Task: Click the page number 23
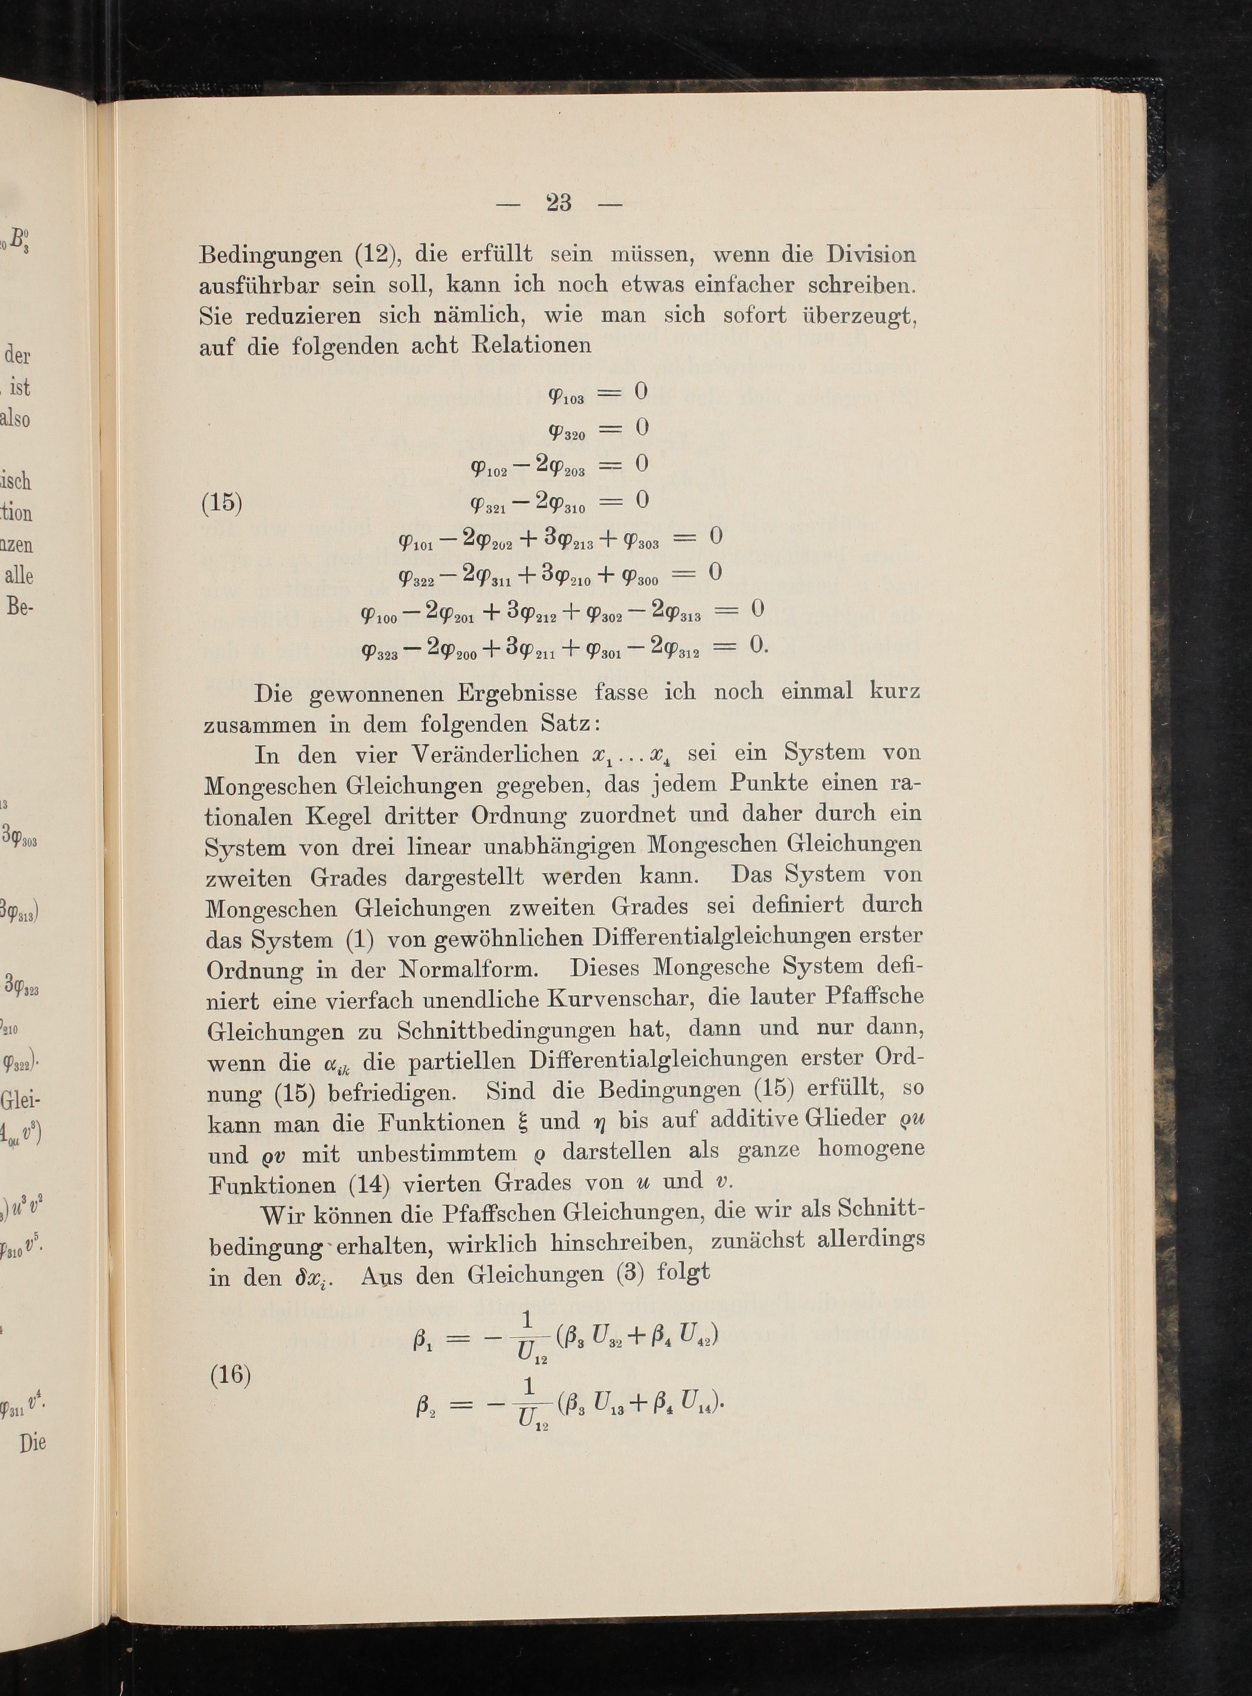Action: click(x=558, y=203)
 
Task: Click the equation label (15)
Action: click(x=221, y=504)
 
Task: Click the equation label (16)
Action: click(x=230, y=1374)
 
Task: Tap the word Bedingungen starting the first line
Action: click(x=270, y=255)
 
